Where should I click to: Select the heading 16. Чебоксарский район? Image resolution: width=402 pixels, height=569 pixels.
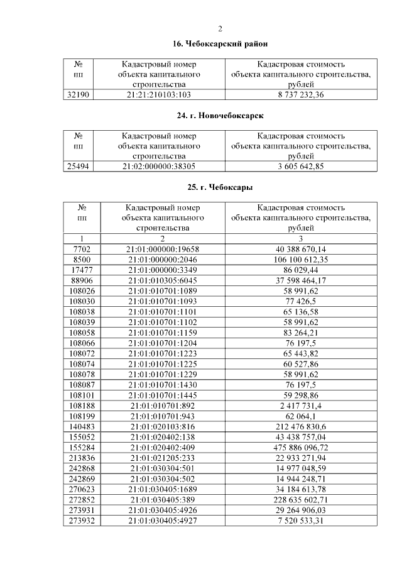pyautogui.click(x=220, y=44)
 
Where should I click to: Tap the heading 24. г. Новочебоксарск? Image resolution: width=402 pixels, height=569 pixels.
pyautogui.click(x=220, y=116)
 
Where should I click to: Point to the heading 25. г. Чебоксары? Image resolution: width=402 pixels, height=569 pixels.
pyautogui.click(x=220, y=187)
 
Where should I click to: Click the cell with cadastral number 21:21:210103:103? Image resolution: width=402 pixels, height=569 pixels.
pyautogui.click(x=162, y=94)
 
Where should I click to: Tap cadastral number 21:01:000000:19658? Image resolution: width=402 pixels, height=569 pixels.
pyautogui.click(x=162, y=249)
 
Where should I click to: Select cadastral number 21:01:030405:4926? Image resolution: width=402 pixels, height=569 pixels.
pyautogui.click(x=162, y=509)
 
